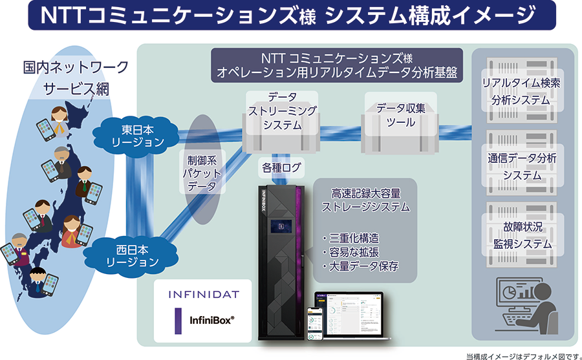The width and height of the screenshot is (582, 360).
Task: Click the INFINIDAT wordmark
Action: [204, 294]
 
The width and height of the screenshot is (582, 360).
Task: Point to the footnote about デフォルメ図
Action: [520, 355]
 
